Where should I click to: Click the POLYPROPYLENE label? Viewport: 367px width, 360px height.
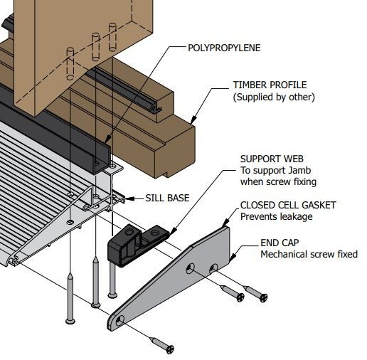click(224, 48)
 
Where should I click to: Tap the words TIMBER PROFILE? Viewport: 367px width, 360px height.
click(270, 85)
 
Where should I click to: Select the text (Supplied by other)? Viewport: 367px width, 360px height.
click(274, 97)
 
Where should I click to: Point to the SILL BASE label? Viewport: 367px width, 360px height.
click(167, 198)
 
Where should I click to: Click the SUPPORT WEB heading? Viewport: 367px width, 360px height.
click(272, 159)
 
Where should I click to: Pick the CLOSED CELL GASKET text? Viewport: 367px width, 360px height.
click(288, 206)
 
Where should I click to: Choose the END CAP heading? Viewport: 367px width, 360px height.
click(280, 243)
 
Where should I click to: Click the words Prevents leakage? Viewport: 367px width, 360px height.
click(276, 216)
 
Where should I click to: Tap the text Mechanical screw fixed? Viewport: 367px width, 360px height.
click(309, 254)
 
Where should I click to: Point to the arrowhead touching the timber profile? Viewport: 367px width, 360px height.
click(193, 119)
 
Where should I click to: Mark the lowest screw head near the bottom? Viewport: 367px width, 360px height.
click(170, 349)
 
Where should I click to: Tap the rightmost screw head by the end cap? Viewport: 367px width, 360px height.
click(263, 297)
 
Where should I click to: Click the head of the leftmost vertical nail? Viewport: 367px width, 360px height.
click(70, 322)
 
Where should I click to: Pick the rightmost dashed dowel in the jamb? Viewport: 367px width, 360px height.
click(112, 37)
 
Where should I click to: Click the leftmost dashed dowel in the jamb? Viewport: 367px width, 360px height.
click(70, 64)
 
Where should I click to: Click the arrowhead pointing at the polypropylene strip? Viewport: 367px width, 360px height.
click(107, 139)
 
